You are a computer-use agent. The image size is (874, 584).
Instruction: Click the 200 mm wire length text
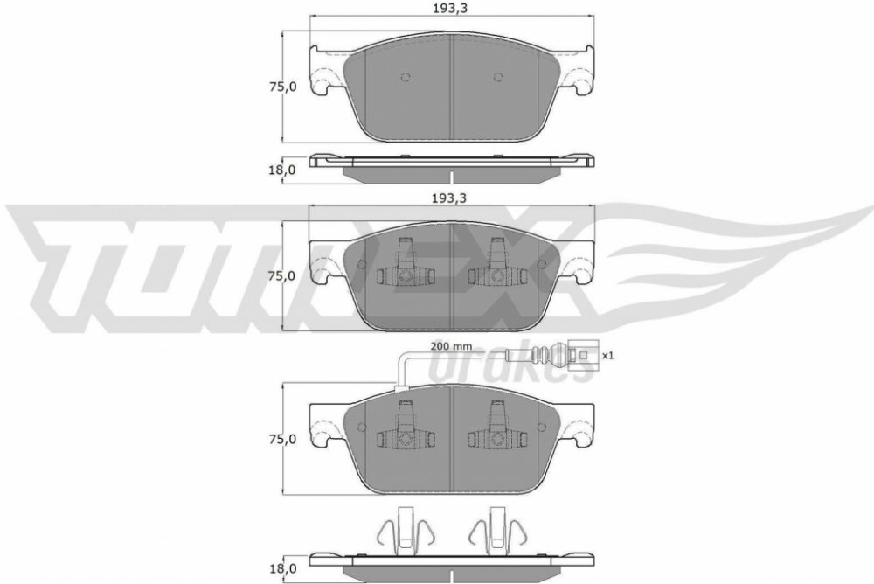coord(451,346)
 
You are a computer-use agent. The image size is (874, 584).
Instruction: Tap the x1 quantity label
coord(607,355)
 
